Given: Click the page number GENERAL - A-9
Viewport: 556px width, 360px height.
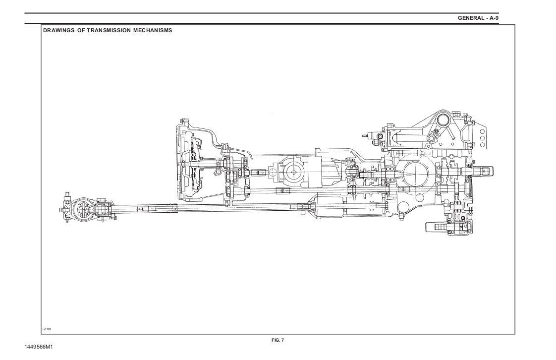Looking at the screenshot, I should [478, 18].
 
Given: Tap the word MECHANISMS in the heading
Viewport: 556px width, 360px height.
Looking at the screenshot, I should [153, 30].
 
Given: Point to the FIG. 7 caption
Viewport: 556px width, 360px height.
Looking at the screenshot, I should [278, 340].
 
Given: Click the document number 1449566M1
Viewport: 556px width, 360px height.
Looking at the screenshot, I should [38, 347].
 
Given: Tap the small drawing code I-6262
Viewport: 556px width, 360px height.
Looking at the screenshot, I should [47, 329].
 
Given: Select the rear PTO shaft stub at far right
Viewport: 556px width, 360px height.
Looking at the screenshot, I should [484, 171].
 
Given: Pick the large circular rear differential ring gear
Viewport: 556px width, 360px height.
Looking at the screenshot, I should [415, 174].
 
